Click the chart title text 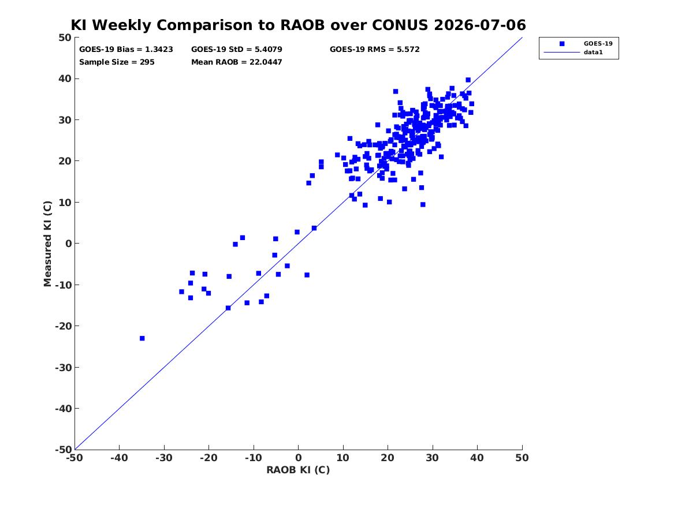298,25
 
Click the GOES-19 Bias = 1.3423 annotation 126,50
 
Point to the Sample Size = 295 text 117,62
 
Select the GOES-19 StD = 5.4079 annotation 237,50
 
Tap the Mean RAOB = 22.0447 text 237,62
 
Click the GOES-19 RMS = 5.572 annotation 375,50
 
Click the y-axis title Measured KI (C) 47,244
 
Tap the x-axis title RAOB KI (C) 299,470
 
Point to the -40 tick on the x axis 119,458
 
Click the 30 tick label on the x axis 433,458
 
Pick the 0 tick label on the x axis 299,458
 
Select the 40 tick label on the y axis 65,78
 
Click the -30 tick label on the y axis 63,367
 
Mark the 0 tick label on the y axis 68,244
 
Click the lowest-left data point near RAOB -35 142,338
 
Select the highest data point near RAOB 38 468,80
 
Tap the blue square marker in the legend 562,43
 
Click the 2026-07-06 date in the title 480,25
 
